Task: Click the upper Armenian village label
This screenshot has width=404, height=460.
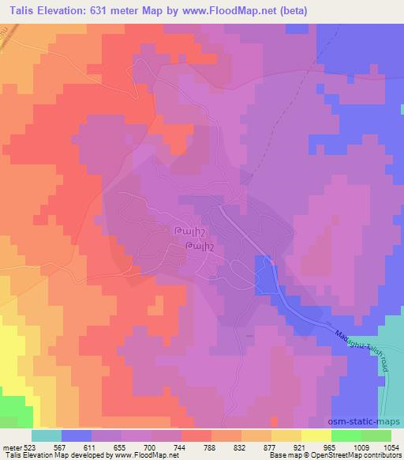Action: tap(189, 230)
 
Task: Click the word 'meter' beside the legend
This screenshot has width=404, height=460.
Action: tap(11, 447)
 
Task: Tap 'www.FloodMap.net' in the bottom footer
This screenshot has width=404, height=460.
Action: tap(123, 455)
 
